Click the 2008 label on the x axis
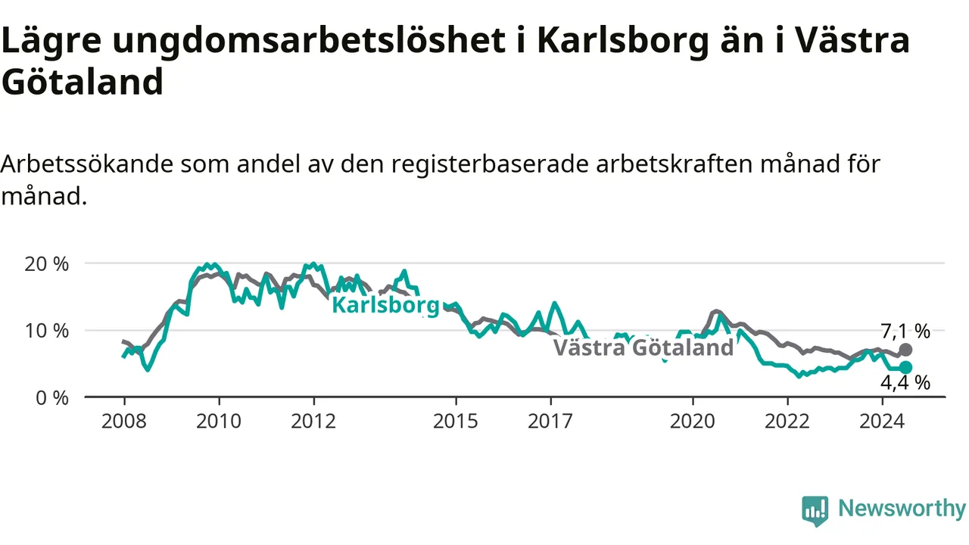pyautogui.click(x=124, y=422)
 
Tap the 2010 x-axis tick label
pyautogui.click(x=219, y=422)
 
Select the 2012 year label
pyautogui.click(x=313, y=422)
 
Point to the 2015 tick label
pyautogui.click(x=456, y=422)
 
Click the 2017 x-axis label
pyautogui.click(x=550, y=422)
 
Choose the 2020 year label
pyautogui.click(x=693, y=422)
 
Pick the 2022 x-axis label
pyautogui.click(x=788, y=422)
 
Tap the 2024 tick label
pyautogui.click(x=883, y=422)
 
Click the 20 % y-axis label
pyautogui.click(x=47, y=264)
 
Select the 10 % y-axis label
pyautogui.click(x=47, y=331)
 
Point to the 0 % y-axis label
pyautogui.click(x=52, y=398)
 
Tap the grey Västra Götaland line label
pyautogui.click(x=643, y=347)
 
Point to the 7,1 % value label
pyautogui.click(x=905, y=332)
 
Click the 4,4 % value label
pyautogui.click(x=905, y=383)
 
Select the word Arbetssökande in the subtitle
pyautogui.click(x=87, y=164)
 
